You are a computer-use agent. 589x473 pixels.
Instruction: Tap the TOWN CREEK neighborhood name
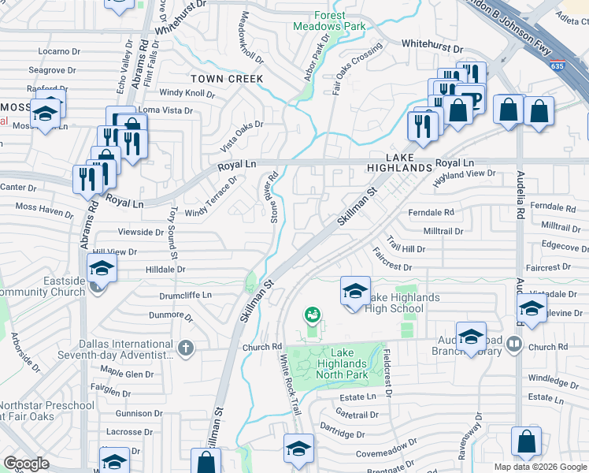227,79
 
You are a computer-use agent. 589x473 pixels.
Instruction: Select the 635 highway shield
558,66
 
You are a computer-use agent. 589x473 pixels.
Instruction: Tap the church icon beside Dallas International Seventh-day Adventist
185,348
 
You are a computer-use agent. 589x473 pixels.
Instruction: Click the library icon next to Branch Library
514,344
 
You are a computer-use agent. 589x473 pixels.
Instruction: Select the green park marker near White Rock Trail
313,316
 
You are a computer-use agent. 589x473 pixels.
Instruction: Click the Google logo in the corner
26,464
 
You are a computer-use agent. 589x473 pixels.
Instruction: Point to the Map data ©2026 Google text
539,467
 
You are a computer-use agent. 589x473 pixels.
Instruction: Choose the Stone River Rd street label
274,198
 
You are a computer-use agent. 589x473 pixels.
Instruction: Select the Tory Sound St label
171,233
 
